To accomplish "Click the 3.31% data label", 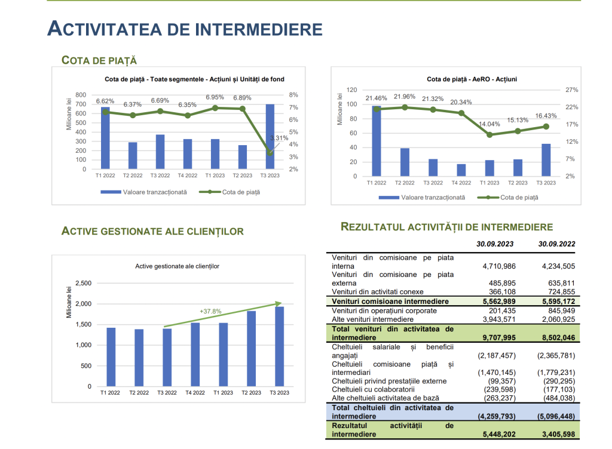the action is pyautogui.click(x=279, y=138).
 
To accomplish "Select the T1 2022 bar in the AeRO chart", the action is pyautogui.click(x=377, y=141).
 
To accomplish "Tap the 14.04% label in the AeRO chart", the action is pyautogui.click(x=489, y=124).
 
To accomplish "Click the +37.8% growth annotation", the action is pyautogui.click(x=210, y=312).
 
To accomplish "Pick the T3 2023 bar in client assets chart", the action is pyautogui.click(x=280, y=346).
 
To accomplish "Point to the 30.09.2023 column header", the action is pyautogui.click(x=495, y=244).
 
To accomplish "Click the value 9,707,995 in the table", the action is pyautogui.click(x=499, y=337).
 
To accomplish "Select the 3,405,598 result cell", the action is pyautogui.click(x=559, y=434).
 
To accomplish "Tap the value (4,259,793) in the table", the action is pyautogui.click(x=497, y=416).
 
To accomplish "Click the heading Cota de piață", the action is pyautogui.click(x=99, y=60).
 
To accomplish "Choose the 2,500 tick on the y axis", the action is pyautogui.click(x=83, y=284).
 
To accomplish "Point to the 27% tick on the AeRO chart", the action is pyautogui.click(x=572, y=90).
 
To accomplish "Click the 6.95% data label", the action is pyautogui.click(x=215, y=97).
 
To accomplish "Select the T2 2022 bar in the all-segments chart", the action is pyautogui.click(x=133, y=155).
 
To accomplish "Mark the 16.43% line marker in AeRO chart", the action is pyautogui.click(x=546, y=127).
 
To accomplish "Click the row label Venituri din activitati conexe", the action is pyautogui.click(x=378, y=291).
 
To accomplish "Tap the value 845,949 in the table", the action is pyautogui.click(x=562, y=310).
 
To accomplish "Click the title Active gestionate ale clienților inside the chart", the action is pyautogui.click(x=177, y=266).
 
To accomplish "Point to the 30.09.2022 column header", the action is pyautogui.click(x=556, y=244).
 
